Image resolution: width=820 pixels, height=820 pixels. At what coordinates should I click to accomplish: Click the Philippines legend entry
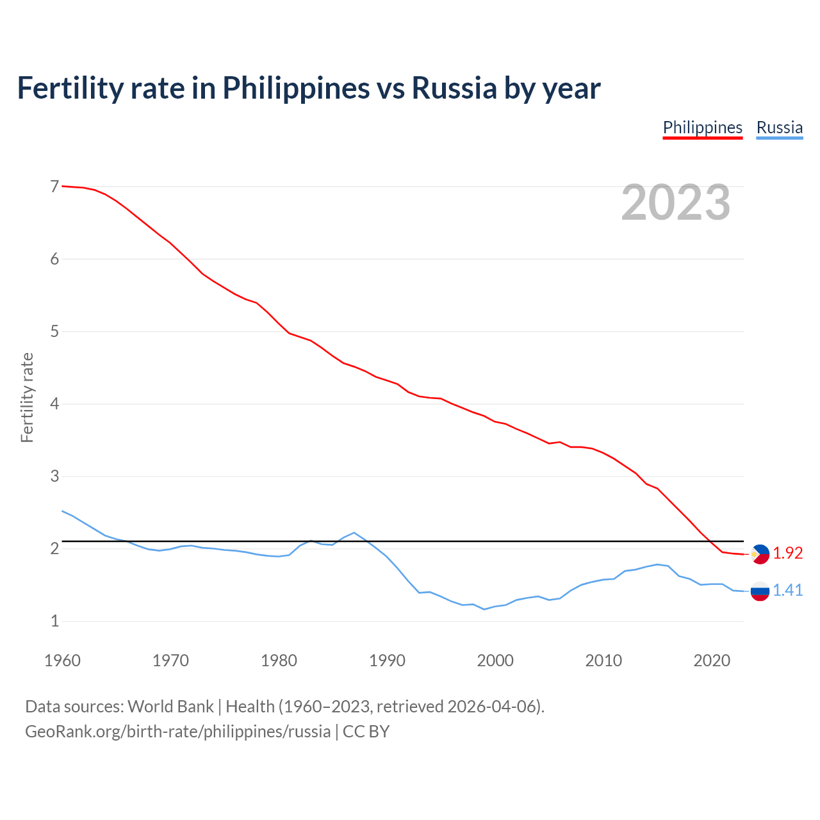[x=702, y=127]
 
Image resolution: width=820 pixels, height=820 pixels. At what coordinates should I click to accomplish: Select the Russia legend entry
[x=779, y=127]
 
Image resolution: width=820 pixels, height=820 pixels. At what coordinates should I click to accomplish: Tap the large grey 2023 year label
[x=675, y=202]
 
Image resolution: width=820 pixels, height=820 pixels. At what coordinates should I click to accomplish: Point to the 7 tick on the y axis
[x=54, y=186]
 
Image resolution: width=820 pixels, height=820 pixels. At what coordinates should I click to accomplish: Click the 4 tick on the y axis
[x=54, y=404]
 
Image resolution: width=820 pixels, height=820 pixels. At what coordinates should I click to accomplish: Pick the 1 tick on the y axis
[x=54, y=621]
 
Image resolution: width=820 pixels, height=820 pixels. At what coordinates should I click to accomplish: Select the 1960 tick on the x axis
[x=62, y=660]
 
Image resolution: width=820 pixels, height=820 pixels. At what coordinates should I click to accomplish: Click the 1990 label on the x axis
[x=387, y=660]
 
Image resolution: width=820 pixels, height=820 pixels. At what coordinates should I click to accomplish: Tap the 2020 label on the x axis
[x=712, y=660]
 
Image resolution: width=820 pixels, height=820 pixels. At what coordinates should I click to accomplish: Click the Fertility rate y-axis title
[x=27, y=397]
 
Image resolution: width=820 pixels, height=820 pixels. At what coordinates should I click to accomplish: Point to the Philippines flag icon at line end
[x=760, y=553]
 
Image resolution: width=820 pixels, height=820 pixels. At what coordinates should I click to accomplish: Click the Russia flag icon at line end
[x=760, y=591]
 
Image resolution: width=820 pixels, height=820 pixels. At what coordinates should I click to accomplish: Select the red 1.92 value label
[x=787, y=553]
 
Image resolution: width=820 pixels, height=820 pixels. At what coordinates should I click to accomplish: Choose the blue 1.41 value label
[x=787, y=590]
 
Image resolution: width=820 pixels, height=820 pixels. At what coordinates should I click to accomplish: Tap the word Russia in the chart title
[x=454, y=88]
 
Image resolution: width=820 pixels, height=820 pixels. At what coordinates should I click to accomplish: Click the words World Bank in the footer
[x=170, y=706]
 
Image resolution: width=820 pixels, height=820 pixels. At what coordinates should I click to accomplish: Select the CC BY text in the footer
[x=366, y=731]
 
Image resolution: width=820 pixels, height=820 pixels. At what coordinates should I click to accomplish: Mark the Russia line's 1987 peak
[x=354, y=532]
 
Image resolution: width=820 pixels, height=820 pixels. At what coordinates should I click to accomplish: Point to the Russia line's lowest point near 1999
[x=484, y=609]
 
